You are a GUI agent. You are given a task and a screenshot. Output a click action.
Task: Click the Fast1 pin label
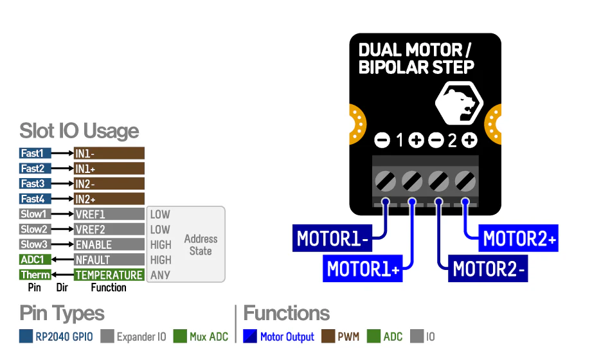35,153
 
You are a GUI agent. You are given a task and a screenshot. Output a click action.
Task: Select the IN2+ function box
109,199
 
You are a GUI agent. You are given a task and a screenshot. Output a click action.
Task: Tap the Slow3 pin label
35,244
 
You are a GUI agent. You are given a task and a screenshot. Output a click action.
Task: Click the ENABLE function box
109,245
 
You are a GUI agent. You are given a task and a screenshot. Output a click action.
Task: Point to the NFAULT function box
109,260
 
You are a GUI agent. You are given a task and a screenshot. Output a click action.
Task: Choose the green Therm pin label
35,275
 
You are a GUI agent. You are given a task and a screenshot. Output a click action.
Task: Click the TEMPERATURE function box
109,275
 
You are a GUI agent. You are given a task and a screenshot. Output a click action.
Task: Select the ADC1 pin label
35,260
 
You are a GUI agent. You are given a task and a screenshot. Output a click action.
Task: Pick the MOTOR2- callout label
489,269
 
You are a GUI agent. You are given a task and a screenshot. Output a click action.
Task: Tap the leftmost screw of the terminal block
385,179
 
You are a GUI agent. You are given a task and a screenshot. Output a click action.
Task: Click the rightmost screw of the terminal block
465,179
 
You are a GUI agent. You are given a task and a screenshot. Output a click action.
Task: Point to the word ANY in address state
160,275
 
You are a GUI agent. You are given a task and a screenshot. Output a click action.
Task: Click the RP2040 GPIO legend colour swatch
26,336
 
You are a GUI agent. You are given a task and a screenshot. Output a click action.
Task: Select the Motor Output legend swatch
251,336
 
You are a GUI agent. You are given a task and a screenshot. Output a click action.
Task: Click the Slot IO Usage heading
79,131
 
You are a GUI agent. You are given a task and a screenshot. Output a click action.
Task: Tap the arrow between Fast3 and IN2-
62,184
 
